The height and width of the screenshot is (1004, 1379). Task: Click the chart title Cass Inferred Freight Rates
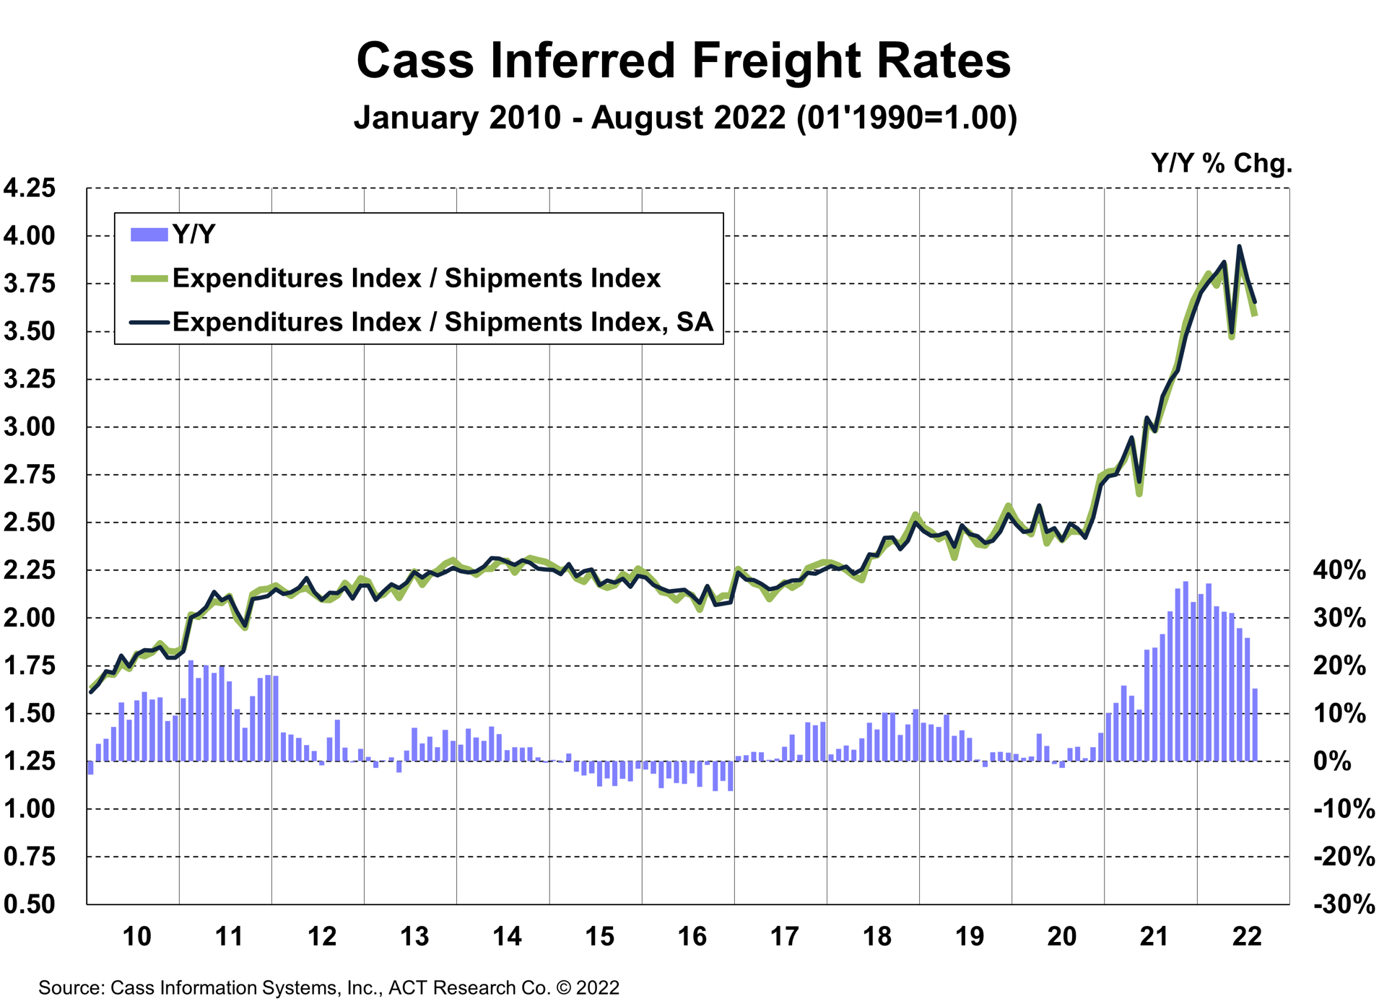(683, 60)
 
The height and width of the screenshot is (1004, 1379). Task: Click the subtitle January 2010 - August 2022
(684, 118)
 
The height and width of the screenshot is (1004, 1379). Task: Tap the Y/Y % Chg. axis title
(1221, 163)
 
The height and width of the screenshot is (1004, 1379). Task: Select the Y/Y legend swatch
(149, 235)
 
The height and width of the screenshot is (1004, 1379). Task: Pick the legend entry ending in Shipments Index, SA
(442, 322)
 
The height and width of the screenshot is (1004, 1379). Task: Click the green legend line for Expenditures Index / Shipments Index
(149, 279)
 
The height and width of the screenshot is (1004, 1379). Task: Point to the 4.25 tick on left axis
(30, 188)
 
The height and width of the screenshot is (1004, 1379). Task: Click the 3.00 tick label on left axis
(30, 427)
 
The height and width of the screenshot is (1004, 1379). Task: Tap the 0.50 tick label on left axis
(30, 904)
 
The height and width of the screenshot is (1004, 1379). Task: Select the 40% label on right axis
(1339, 570)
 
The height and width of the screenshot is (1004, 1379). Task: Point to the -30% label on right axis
(1343, 904)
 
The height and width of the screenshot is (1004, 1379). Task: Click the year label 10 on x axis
(136, 937)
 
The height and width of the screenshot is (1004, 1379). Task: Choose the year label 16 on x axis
(692, 937)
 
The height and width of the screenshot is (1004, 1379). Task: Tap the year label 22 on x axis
(1247, 937)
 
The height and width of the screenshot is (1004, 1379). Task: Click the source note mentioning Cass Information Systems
(329, 987)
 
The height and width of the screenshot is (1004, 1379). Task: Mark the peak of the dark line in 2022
(1239, 247)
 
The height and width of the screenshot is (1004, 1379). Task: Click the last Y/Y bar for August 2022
(1255, 724)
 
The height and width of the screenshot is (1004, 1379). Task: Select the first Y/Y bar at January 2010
(90, 767)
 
